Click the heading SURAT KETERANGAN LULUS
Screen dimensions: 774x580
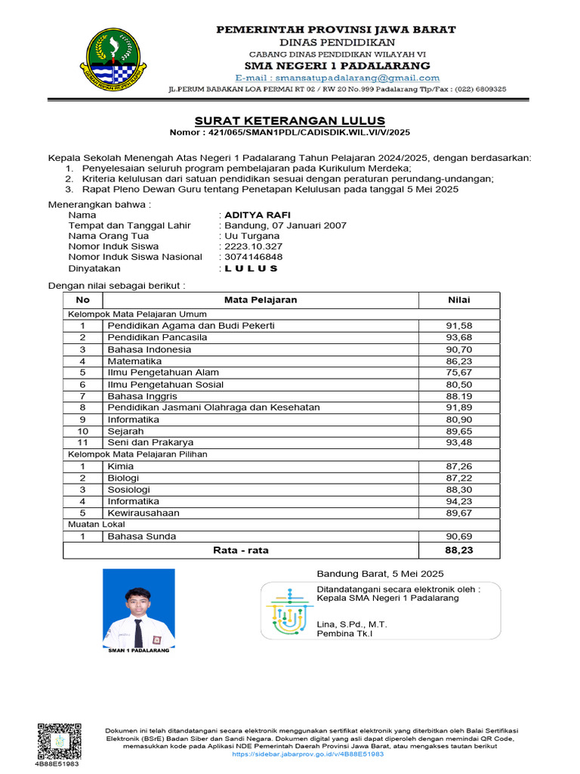coord(290,120)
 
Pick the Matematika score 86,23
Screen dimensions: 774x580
coord(459,361)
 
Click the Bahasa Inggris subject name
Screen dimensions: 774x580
coord(143,396)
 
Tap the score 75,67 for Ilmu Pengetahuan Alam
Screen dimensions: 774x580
coord(459,373)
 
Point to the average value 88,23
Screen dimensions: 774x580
coord(459,550)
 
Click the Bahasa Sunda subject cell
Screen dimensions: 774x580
coord(142,536)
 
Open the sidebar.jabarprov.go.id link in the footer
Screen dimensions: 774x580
coord(308,754)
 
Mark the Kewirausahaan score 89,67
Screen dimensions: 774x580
coord(459,512)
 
